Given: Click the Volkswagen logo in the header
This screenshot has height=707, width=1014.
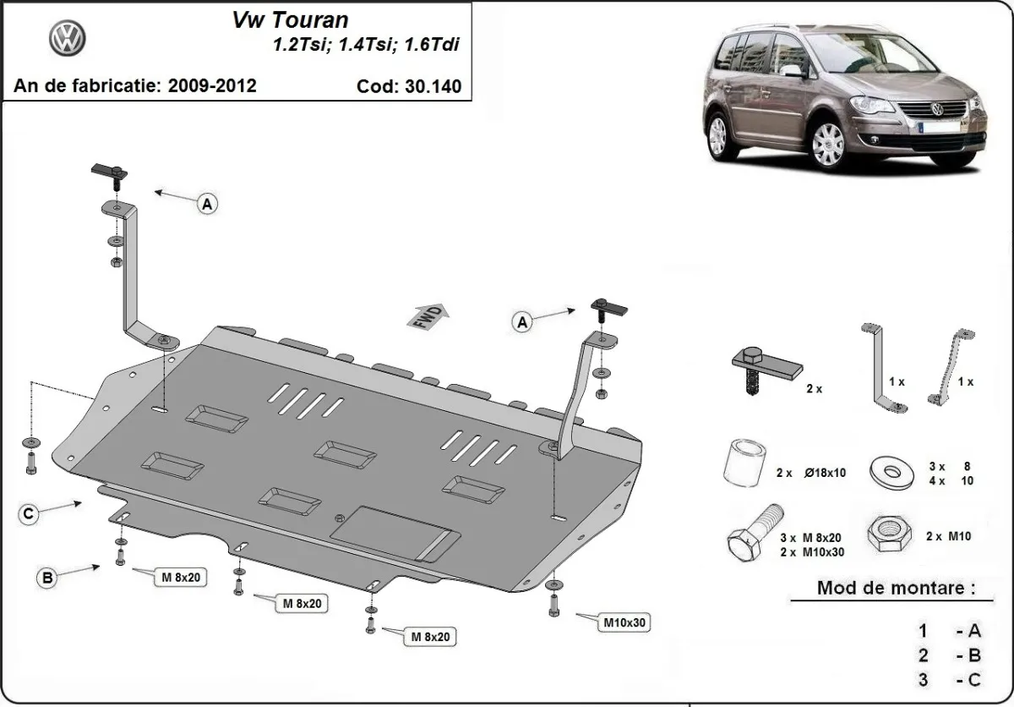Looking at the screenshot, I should coord(68,39).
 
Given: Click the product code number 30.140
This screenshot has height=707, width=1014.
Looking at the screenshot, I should coord(433,86).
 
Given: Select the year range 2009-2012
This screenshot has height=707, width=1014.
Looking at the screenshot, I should coord(214,85).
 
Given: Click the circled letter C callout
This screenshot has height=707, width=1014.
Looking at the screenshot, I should coord(29,513).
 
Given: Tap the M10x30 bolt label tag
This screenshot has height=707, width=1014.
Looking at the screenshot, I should coord(624,623).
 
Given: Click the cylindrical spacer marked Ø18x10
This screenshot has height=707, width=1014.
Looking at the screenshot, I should coord(741,463).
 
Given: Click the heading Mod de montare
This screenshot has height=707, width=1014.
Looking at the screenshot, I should coord(896,587).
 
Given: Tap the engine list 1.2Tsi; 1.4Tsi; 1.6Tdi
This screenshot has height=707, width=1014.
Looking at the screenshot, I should coord(365,46).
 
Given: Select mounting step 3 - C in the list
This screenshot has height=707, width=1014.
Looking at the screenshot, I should coord(950,678).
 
